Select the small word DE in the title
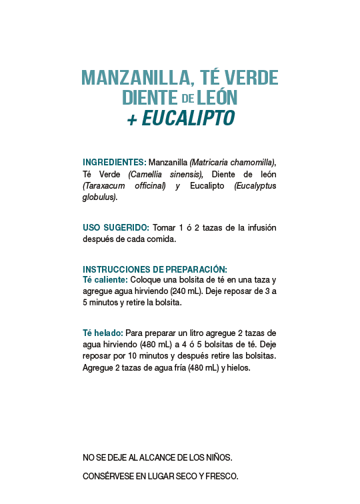[x=187, y=99]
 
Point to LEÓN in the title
[x=217, y=97]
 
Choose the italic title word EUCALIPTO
[x=188, y=118]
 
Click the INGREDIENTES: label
[x=114, y=162]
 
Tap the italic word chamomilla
[x=251, y=162]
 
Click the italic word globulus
[x=99, y=197]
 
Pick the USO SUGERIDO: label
[x=115, y=228]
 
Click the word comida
[x=162, y=239]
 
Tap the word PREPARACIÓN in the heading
[x=193, y=269]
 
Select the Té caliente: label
[x=105, y=279]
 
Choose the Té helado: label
[x=103, y=333]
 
